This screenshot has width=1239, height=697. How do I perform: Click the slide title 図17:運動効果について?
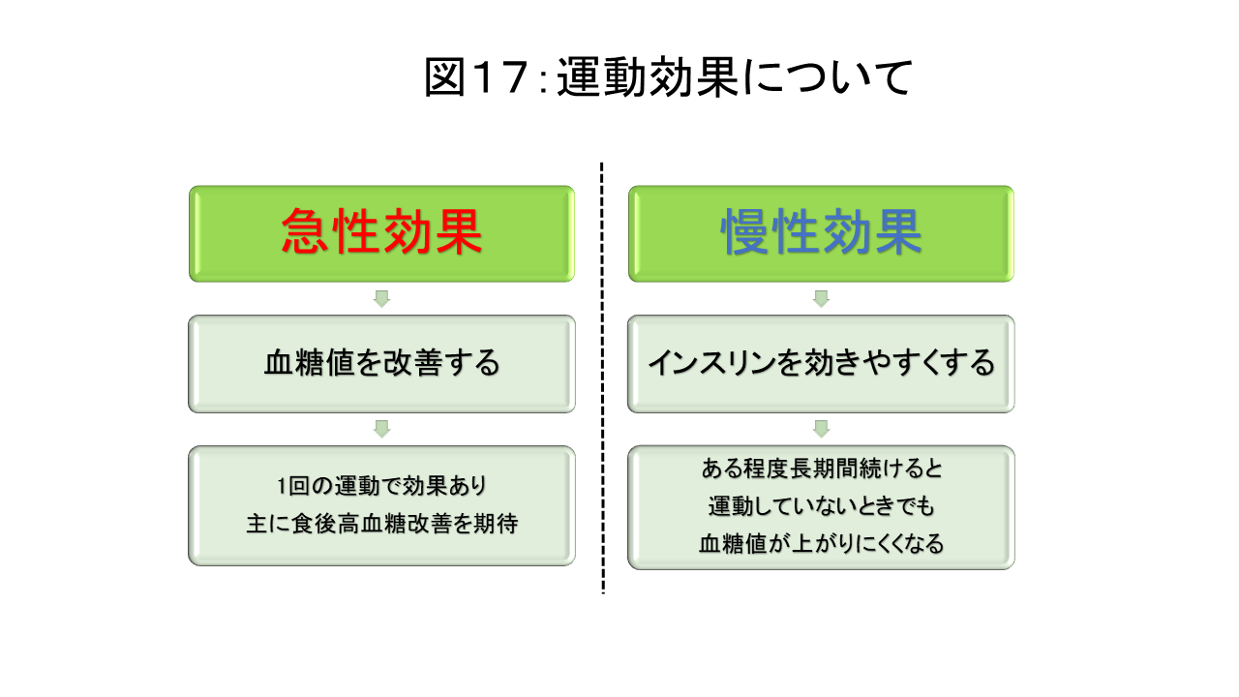click(x=668, y=77)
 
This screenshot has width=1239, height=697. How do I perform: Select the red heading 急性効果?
click(x=381, y=232)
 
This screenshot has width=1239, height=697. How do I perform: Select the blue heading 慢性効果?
click(x=822, y=232)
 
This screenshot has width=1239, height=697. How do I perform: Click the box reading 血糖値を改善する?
click(x=381, y=364)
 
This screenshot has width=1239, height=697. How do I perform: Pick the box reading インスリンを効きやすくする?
click(x=822, y=364)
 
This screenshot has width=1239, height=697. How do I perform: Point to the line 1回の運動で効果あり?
click(x=381, y=486)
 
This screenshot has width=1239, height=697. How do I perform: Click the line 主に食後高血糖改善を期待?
click(x=381, y=524)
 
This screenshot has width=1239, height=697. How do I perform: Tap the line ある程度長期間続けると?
click(x=822, y=469)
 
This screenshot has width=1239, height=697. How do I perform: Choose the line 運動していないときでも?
click(x=822, y=505)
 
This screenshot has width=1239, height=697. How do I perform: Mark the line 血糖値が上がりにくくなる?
click(x=822, y=543)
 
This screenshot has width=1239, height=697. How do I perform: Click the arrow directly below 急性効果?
click(x=381, y=299)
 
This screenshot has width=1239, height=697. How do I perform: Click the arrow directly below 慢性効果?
click(x=822, y=299)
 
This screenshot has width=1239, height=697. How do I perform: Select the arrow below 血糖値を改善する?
click(x=381, y=429)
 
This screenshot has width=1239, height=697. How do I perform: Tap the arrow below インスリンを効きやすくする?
click(x=822, y=429)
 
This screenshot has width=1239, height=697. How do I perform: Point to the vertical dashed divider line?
click(x=602, y=379)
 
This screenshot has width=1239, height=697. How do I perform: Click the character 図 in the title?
click(x=444, y=77)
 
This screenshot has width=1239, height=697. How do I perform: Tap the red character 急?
click(x=305, y=232)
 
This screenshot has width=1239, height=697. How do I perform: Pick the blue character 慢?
click(x=745, y=232)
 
